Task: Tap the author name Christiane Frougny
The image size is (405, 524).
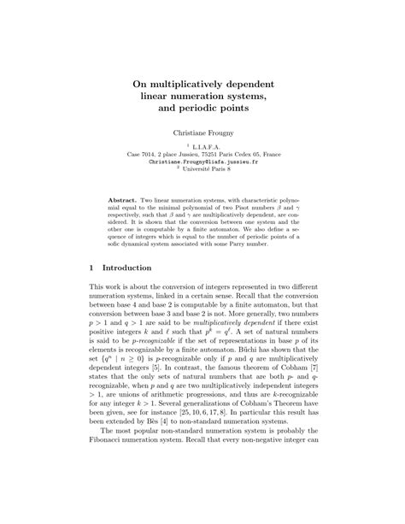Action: tap(202, 134)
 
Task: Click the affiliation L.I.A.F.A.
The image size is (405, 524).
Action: tap(204, 147)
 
